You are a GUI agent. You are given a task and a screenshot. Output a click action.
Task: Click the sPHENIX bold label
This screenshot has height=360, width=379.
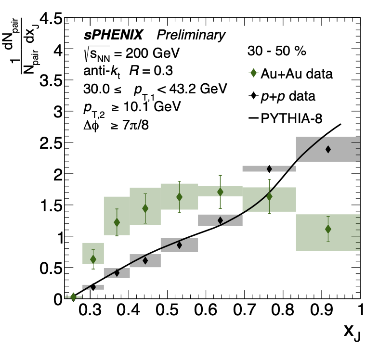click(114, 35)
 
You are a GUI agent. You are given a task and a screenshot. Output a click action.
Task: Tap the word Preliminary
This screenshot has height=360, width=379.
click(191, 35)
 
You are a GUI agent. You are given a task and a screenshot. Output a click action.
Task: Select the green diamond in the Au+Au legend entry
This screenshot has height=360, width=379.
click(254, 73)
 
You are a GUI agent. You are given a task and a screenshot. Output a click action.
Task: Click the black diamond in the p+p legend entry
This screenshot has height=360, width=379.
click(254, 96)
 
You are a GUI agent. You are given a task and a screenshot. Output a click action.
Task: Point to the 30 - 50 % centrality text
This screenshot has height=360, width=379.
click(277, 51)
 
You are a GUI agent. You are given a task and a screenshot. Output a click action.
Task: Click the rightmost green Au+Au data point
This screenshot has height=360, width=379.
click(328, 229)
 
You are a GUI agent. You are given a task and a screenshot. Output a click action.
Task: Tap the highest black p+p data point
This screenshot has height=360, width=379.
click(328, 149)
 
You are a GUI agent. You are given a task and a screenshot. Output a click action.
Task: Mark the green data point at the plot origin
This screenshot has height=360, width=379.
click(73, 297)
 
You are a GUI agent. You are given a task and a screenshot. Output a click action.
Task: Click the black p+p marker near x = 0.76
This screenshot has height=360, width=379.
click(269, 168)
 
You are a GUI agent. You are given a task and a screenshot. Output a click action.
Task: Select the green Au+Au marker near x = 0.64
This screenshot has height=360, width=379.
click(220, 192)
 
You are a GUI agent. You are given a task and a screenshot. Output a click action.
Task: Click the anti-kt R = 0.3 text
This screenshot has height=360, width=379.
click(116, 71)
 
